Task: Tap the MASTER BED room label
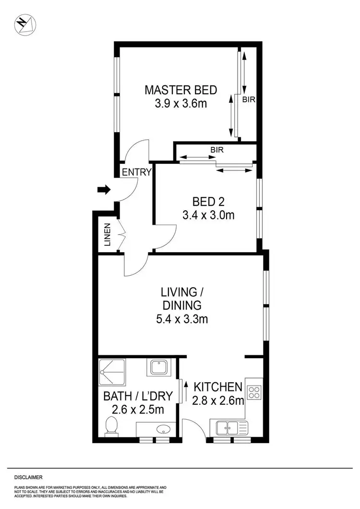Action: click(180, 90)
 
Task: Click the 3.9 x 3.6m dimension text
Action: click(180, 104)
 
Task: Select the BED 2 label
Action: click(208, 201)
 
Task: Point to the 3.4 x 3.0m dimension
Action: click(208, 215)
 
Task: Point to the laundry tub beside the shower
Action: click(158, 368)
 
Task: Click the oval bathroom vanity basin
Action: click(156, 428)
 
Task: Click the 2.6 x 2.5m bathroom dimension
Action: click(138, 410)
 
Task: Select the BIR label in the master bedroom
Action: click(248, 100)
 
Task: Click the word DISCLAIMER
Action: click(28, 477)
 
